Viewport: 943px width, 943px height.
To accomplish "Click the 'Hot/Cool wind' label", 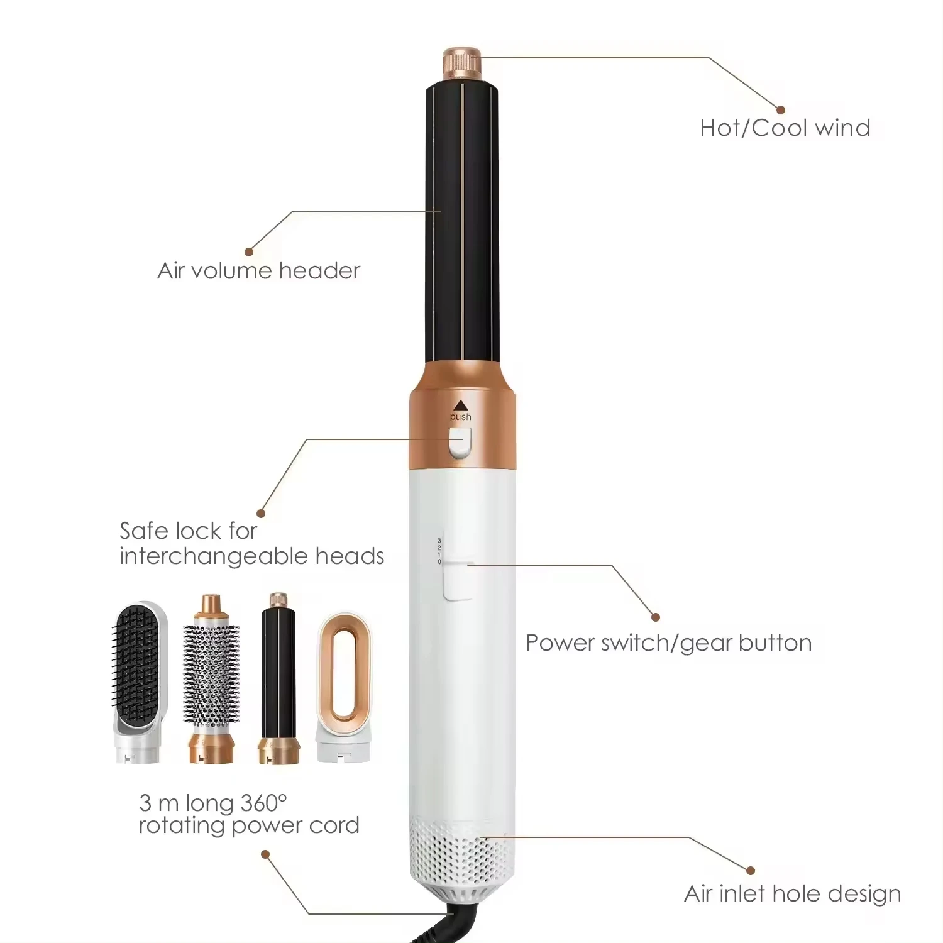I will point(785,128).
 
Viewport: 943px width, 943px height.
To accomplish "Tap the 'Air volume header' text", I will point(258,271).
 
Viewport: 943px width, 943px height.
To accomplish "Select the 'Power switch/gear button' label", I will point(668,643).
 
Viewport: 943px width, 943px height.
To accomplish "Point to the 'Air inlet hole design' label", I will point(792,893).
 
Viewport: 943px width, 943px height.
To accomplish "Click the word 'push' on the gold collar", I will point(460,417).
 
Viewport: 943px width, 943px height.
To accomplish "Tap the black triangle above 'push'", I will point(461,405).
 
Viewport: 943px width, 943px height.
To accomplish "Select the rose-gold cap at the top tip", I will point(462,63).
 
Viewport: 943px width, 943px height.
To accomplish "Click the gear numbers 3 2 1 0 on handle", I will point(439,551).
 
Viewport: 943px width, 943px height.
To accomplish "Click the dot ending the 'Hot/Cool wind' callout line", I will point(781,110).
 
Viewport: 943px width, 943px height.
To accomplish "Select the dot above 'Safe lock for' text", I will point(261,514).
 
